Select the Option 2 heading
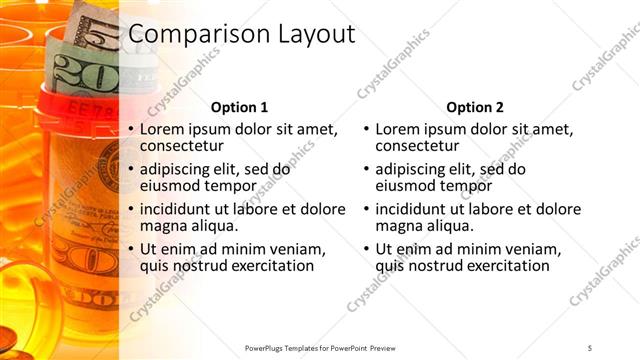[475, 107]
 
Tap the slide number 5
[590, 346]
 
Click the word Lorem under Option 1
[163, 130]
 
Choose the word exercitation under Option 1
[268, 266]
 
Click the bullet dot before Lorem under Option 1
[130, 131]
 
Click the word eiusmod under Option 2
[405, 186]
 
